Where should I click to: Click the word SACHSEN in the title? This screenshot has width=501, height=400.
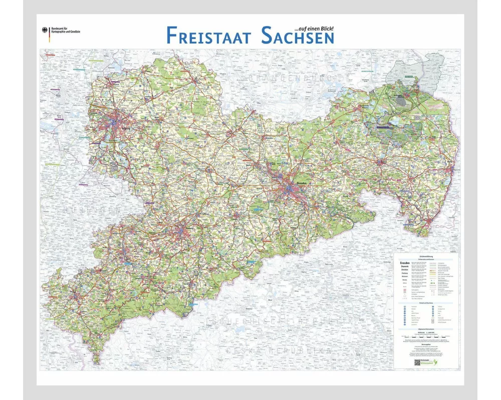(x=297, y=35)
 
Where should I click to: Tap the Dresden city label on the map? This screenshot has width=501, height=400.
(x=302, y=183)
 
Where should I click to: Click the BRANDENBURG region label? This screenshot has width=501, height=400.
(x=281, y=79)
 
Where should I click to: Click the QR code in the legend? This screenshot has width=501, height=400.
(x=417, y=362)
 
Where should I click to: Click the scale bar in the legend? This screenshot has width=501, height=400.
(x=425, y=336)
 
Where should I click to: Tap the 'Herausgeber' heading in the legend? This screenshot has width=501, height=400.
(x=425, y=345)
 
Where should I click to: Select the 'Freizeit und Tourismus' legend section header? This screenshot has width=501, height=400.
(x=425, y=302)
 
